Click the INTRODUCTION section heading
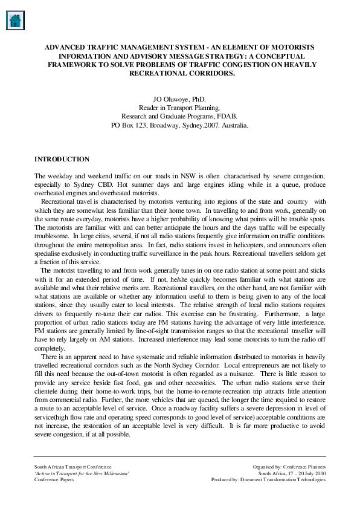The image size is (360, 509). click(62, 160)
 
